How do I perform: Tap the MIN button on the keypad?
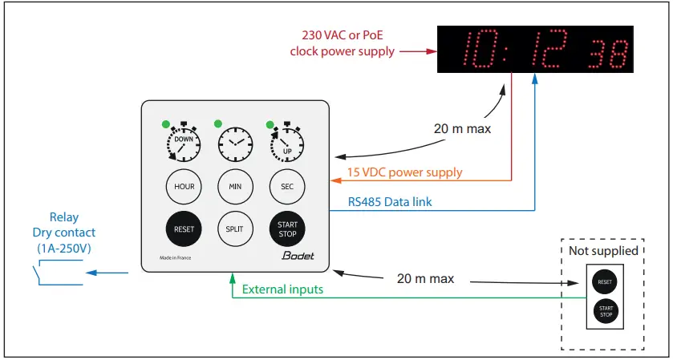[235, 187]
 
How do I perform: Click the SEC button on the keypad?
[286, 187]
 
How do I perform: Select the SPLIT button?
[235, 229]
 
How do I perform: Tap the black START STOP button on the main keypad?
[286, 229]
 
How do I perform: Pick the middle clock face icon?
[235, 145]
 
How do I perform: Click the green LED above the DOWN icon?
[165, 124]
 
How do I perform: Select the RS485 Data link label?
[389, 202]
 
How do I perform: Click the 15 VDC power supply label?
[404, 172]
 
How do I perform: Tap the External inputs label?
[282, 289]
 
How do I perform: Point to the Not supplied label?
[605, 250]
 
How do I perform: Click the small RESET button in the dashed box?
[605, 281]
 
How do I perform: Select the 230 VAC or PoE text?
[343, 35]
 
